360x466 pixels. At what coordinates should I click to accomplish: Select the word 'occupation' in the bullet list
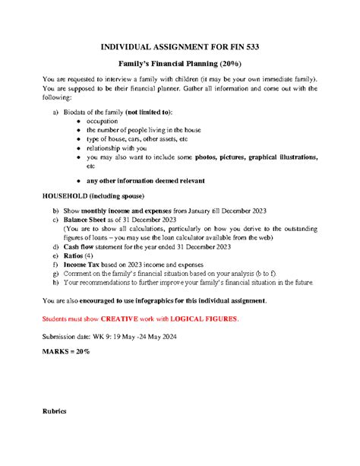103,121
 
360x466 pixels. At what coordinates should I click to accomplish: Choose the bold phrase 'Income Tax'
87,265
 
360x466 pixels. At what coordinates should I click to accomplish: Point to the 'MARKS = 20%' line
65,352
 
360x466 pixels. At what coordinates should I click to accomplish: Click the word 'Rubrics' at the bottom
55,411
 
